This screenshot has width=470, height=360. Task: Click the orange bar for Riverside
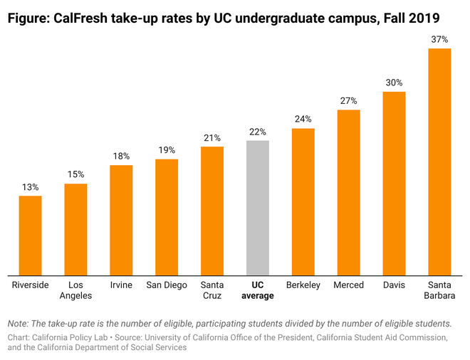(30, 235)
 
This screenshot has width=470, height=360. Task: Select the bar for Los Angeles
(75, 229)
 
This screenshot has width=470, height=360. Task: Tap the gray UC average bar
(258, 207)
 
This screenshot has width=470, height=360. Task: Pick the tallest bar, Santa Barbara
(439, 162)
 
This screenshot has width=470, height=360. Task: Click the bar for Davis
(394, 183)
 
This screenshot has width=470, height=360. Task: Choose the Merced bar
(348, 192)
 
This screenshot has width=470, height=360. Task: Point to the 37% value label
(439, 39)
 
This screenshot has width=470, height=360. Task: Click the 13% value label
(30, 186)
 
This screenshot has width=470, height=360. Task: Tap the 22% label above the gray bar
(258, 132)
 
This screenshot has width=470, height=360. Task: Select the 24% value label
(303, 119)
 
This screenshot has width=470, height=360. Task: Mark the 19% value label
(167, 150)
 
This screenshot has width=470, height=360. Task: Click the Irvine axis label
(121, 285)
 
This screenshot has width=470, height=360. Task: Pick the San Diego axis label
(167, 285)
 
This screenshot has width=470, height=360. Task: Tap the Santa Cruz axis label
(212, 290)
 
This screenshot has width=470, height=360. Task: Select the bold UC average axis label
(258, 290)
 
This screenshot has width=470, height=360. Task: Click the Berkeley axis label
(303, 285)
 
